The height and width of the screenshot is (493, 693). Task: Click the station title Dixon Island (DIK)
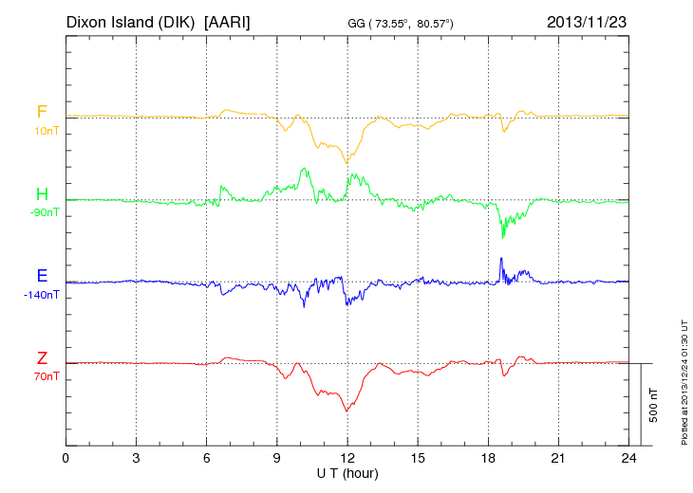[131, 21]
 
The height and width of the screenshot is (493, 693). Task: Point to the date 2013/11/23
[587, 21]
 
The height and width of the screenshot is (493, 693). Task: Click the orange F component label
[42, 112]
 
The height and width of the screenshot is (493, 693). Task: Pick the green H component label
[42, 194]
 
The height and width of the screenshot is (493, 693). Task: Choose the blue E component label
[42, 276]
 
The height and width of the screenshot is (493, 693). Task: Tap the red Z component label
[42, 358]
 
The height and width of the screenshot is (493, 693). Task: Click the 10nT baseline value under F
[42, 131]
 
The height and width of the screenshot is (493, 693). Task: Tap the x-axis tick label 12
[347, 458]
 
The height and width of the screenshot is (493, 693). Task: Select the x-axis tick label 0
[66, 458]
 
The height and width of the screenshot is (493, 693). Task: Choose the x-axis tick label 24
[628, 458]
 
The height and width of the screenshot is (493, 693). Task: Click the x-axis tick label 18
[488, 458]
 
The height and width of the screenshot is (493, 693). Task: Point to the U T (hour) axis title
[347, 472]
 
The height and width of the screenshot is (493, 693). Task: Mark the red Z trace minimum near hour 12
[346, 411]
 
